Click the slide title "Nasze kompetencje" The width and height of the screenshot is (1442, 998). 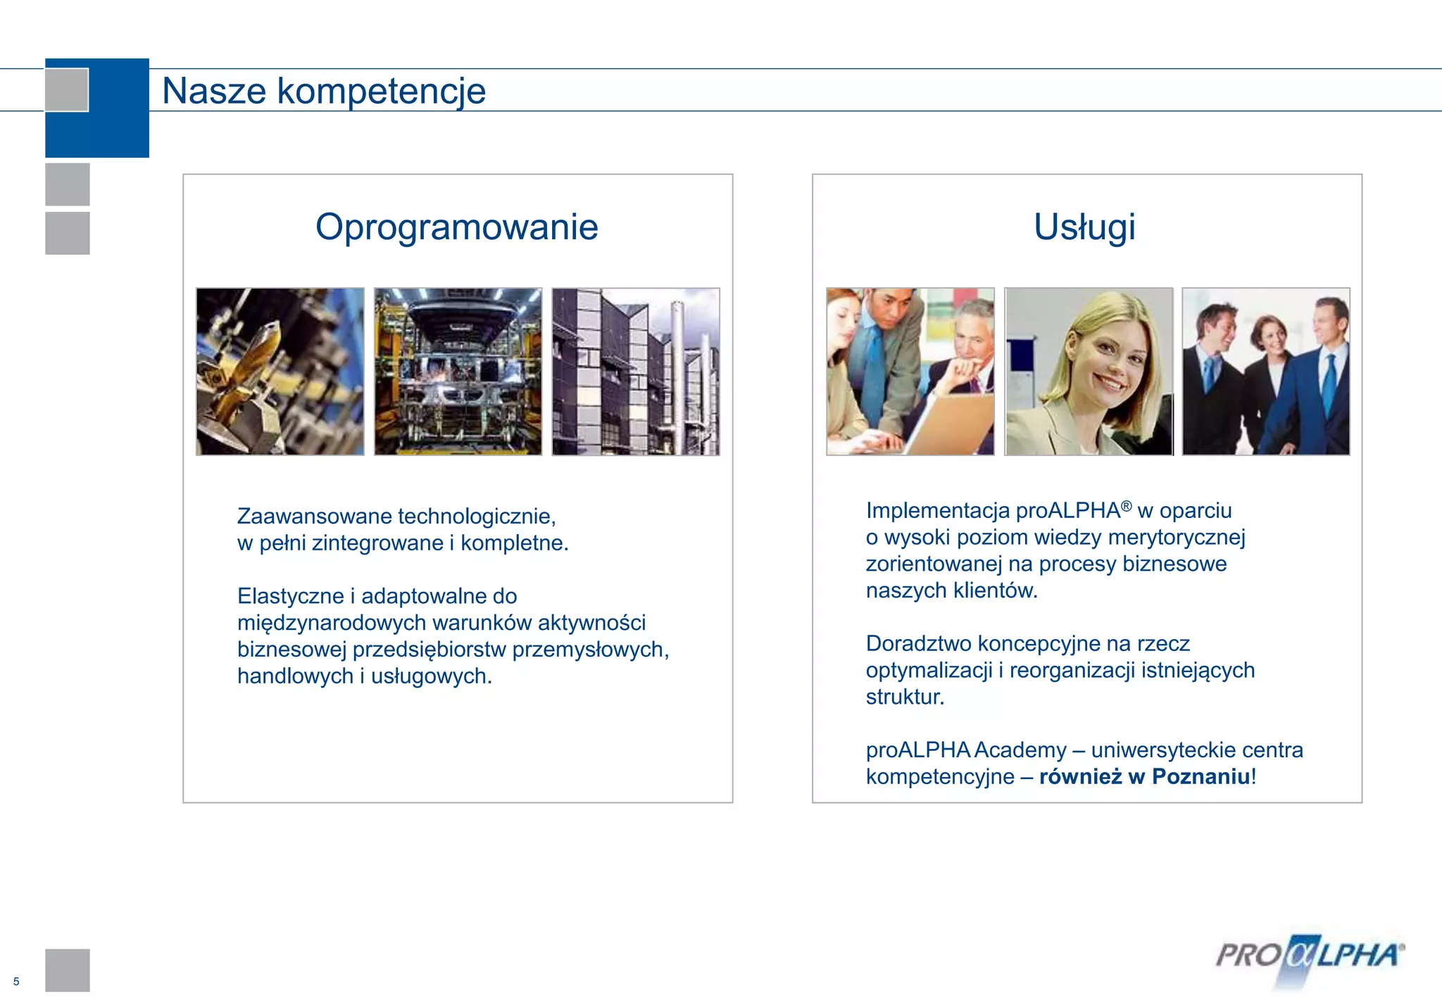(x=324, y=91)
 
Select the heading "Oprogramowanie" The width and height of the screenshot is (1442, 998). (x=457, y=227)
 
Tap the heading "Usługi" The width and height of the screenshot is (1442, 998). (x=1084, y=227)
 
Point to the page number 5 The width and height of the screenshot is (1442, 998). (x=16, y=981)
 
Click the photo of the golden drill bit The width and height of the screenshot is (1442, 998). (x=280, y=372)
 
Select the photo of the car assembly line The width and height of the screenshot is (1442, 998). (x=458, y=372)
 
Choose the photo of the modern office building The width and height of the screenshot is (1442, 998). (x=636, y=372)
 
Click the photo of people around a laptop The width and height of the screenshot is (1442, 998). (x=910, y=372)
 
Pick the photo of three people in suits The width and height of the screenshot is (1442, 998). (x=1266, y=372)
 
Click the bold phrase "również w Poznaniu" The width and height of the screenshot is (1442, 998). (x=1144, y=776)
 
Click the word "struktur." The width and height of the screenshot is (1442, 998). (x=905, y=697)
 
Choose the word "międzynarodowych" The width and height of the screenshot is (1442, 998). (x=332, y=623)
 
